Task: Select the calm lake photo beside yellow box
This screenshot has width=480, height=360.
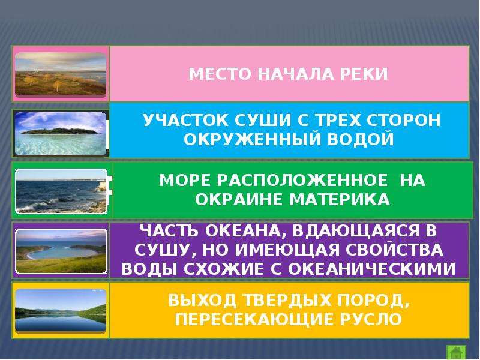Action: pos(60,311)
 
